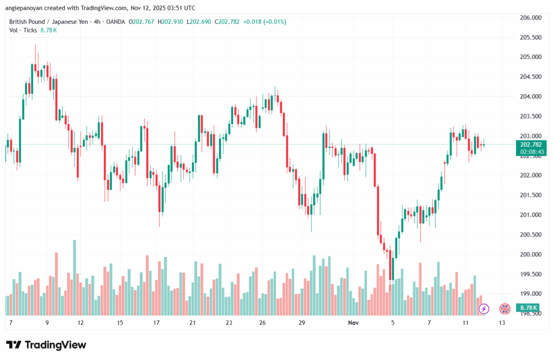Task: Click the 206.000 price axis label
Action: point(530,18)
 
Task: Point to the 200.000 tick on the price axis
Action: point(530,254)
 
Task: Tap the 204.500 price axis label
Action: point(530,77)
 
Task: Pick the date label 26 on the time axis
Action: point(263,323)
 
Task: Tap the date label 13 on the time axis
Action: point(502,323)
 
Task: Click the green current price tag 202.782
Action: point(531,145)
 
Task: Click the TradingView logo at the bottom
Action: point(46,345)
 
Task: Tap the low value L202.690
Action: point(199,22)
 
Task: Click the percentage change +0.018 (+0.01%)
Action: point(266,22)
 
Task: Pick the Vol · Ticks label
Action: point(23,30)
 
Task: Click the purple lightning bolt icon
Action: point(484,309)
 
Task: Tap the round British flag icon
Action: point(504,309)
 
